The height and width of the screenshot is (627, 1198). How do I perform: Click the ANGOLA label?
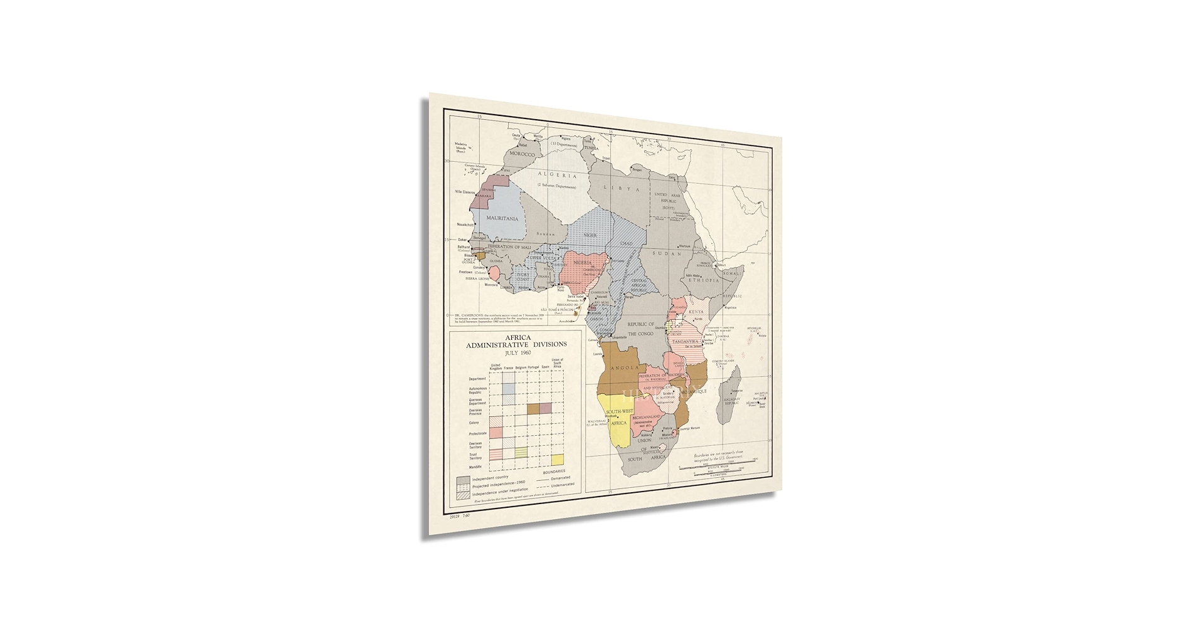625,368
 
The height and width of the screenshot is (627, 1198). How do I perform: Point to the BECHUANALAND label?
645,417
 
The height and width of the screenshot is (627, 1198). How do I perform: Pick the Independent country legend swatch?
463,480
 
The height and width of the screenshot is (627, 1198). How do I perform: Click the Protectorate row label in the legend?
477,433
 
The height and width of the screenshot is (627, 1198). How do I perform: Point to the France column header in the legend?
508,367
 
